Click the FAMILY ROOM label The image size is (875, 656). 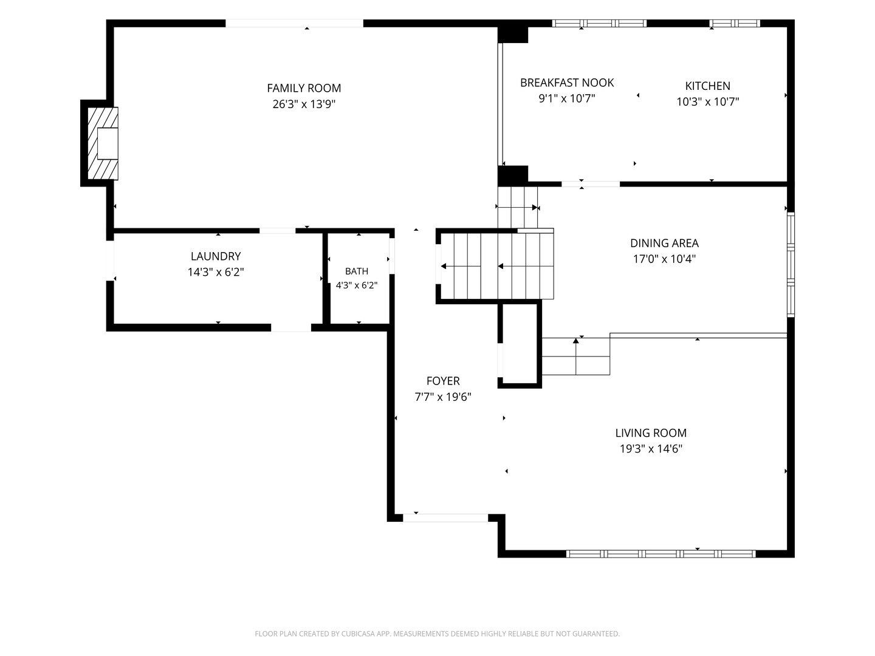[x=304, y=88]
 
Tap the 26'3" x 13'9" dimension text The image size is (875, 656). [x=304, y=104]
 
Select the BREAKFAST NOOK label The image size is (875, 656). [x=567, y=83]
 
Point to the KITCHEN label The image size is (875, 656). [x=707, y=86]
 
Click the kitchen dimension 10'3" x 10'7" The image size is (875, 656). [x=707, y=101]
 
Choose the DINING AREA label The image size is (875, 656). [x=664, y=243]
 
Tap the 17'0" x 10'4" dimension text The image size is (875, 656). [x=664, y=259]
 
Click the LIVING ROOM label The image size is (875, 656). [x=651, y=433]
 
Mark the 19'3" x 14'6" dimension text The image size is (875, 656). [x=651, y=449]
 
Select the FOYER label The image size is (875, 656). [x=443, y=381]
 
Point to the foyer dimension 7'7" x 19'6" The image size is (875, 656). [x=443, y=397]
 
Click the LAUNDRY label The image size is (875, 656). [x=216, y=256]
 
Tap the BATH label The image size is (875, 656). [x=356, y=272]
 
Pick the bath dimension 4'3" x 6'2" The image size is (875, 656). [x=356, y=285]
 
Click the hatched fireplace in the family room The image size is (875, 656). [x=103, y=143]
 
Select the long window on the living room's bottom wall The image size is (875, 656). [x=661, y=553]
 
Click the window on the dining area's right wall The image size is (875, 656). [x=791, y=265]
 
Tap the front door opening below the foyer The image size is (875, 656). [x=445, y=518]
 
